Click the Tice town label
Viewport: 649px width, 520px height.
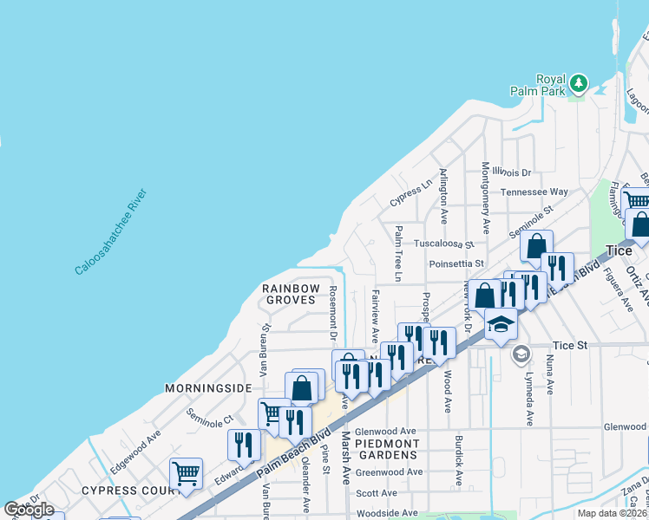[619, 250]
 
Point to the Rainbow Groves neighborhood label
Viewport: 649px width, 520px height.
[292, 294]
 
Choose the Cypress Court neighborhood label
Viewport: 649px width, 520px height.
[121, 490]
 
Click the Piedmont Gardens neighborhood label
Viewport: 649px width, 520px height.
[387, 449]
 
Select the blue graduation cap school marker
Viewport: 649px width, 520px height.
[501, 324]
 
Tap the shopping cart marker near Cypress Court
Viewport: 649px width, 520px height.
[186, 473]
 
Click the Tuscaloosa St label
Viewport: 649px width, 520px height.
[443, 244]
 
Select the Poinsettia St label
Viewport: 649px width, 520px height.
[456, 263]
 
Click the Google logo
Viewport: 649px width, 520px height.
[29, 510]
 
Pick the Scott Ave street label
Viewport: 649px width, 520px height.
[377, 493]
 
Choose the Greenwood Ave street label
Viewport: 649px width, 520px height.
[388, 471]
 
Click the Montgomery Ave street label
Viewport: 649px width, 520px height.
[485, 196]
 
